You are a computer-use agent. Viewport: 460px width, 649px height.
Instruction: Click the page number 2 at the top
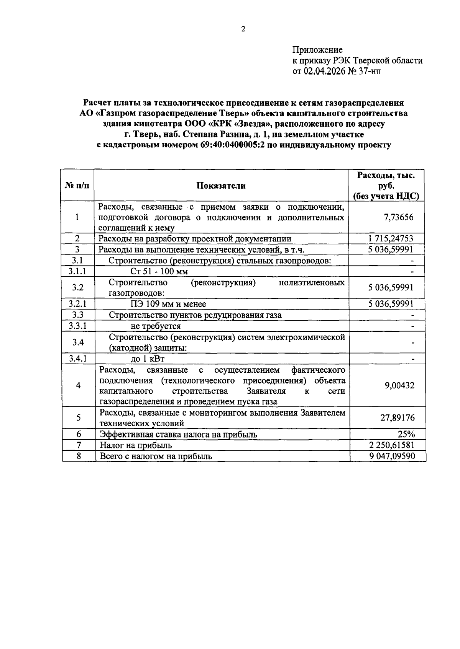243,29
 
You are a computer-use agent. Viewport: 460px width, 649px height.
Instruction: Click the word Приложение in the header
317,50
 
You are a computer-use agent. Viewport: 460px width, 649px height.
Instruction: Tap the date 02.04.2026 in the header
324,71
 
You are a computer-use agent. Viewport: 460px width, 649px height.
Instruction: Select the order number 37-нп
370,71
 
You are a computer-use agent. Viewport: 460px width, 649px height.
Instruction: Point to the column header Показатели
221,186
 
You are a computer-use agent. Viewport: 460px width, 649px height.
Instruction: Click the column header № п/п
77,186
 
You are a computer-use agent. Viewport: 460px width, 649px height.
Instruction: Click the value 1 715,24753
391,239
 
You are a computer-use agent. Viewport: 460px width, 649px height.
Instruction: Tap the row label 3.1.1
77,271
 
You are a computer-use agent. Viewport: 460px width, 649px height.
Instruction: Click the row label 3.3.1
77,326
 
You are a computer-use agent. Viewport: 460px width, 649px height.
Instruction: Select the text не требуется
156,326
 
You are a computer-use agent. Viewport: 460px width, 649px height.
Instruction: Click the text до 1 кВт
148,359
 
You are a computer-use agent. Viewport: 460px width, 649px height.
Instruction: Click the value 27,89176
397,417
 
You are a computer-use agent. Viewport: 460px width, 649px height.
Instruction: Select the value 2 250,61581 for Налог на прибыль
391,445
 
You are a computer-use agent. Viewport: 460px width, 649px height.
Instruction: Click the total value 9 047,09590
392,456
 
